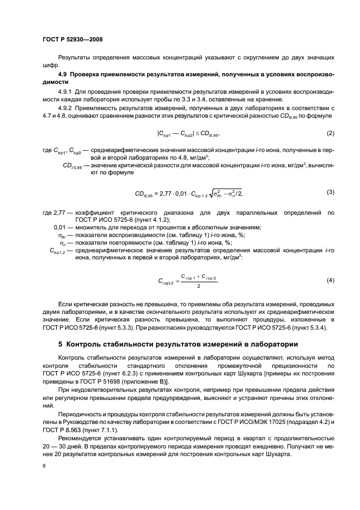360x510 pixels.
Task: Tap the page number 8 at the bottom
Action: [x=44, y=466]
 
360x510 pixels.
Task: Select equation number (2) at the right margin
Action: [x=330, y=133]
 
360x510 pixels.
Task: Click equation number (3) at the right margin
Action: [x=330, y=191]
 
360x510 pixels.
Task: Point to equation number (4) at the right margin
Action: [x=330, y=280]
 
